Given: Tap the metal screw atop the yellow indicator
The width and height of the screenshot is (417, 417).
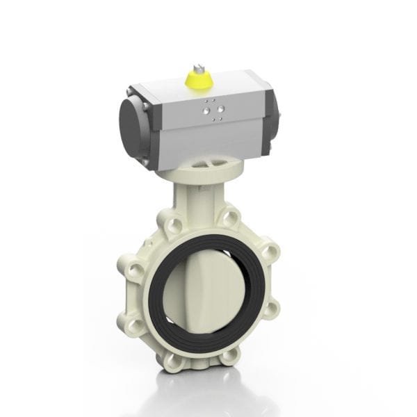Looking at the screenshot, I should coord(197,67).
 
